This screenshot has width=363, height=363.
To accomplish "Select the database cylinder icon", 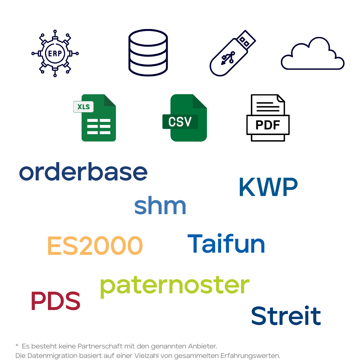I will point(148,53).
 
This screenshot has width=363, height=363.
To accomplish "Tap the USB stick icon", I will point(232,53).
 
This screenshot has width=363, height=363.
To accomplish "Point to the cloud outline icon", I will point(313,54).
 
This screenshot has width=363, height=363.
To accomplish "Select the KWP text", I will point(268,187).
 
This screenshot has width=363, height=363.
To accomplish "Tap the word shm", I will point(160,205).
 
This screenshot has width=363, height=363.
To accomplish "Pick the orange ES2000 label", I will point(95,246).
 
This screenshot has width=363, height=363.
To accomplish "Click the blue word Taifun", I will point(226,243).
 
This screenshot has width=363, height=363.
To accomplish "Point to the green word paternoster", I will point(175,286).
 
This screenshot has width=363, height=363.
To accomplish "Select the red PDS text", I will point(56,301).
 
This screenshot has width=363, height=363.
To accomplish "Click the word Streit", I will point(286,316).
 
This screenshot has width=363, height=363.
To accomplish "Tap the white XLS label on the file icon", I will point(84,107).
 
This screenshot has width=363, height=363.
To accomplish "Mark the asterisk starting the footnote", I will point(17,345).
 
